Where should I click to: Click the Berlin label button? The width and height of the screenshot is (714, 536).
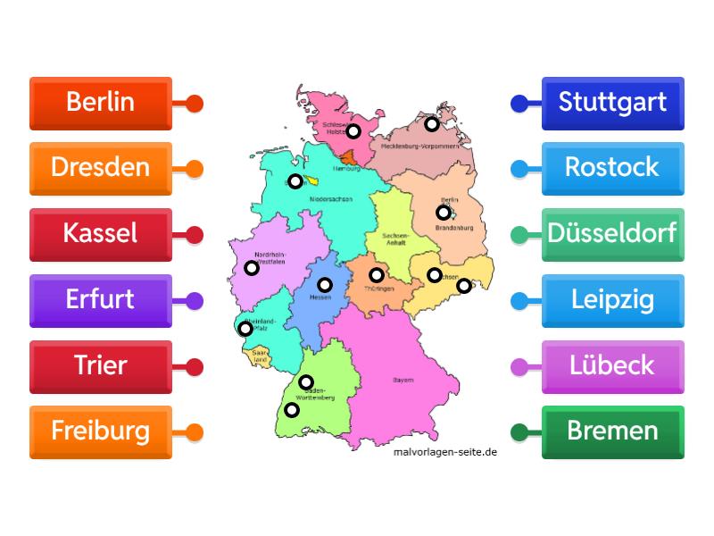(100, 103)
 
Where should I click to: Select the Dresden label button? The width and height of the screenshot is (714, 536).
(100, 168)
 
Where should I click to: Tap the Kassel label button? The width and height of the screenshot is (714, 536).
(100, 234)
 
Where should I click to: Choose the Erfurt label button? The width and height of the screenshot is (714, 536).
(100, 299)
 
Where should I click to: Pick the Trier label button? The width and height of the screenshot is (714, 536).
(100, 365)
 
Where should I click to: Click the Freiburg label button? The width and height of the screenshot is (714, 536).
(100, 431)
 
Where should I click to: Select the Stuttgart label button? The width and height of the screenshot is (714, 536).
(612, 103)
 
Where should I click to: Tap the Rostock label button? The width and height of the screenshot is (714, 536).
(612, 168)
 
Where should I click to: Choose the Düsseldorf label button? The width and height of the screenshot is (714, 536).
(612, 234)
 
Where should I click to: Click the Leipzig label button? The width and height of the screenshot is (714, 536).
(612, 299)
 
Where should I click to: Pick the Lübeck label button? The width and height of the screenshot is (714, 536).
(612, 365)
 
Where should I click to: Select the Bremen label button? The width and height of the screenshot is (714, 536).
(612, 431)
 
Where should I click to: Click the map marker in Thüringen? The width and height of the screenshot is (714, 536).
(377, 275)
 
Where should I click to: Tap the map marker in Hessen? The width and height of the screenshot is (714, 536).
(325, 285)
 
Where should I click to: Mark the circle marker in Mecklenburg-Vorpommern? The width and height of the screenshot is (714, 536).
(432, 124)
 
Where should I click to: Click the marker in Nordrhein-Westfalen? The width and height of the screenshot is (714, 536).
(252, 268)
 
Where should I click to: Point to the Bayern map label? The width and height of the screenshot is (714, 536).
(403, 381)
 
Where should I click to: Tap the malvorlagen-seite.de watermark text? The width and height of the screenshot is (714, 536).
(445, 452)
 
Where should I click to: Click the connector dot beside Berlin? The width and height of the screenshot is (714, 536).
(195, 104)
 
